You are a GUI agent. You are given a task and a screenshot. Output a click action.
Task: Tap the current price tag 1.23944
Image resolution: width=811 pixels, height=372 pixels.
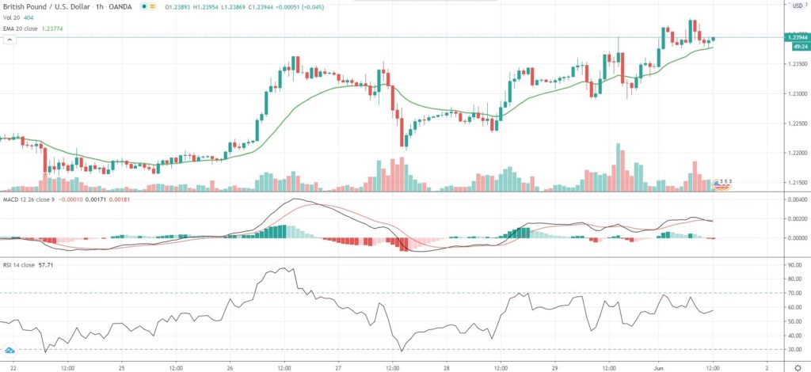pyautogui.click(x=795, y=37)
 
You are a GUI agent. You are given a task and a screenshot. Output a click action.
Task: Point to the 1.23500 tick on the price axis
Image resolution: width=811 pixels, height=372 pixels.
pyautogui.click(x=794, y=66)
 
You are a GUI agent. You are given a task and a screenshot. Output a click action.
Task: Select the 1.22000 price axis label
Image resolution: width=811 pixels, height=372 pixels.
pyautogui.click(x=794, y=153)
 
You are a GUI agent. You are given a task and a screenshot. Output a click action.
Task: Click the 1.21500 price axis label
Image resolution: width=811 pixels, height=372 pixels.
pyautogui.click(x=794, y=183)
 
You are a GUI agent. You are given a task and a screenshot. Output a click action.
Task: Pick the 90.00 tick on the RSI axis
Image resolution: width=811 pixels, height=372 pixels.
pyautogui.click(x=793, y=266)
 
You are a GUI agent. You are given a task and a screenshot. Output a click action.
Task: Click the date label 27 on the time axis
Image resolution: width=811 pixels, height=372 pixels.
pyautogui.click(x=337, y=366)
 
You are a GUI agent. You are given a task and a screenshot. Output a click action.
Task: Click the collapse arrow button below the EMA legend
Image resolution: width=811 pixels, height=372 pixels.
pyautogui.click(x=10, y=39)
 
